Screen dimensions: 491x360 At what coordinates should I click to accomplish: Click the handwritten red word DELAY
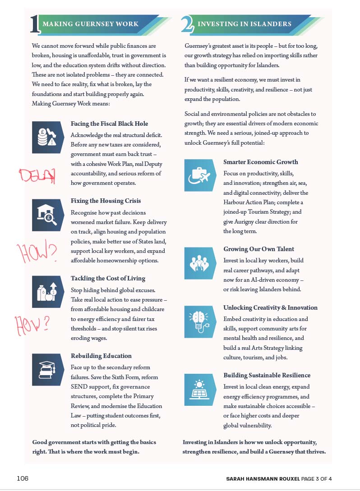pos(37,176)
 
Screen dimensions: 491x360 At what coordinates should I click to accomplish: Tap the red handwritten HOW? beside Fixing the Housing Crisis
pos(37,253)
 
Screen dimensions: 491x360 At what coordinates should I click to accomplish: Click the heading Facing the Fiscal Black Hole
pos(109,124)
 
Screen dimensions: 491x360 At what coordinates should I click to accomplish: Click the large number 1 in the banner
pos(35,25)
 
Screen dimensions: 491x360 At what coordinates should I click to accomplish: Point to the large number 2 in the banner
pos(187,25)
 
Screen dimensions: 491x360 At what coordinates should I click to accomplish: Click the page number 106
pos(23,478)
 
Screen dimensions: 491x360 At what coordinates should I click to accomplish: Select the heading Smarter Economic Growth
pos(261,162)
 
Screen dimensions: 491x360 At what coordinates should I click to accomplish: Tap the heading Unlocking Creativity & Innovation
pos(270,307)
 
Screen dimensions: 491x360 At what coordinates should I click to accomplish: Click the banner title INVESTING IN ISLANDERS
pos(245,24)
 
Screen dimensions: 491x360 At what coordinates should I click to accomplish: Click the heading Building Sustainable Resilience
pos(267,375)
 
